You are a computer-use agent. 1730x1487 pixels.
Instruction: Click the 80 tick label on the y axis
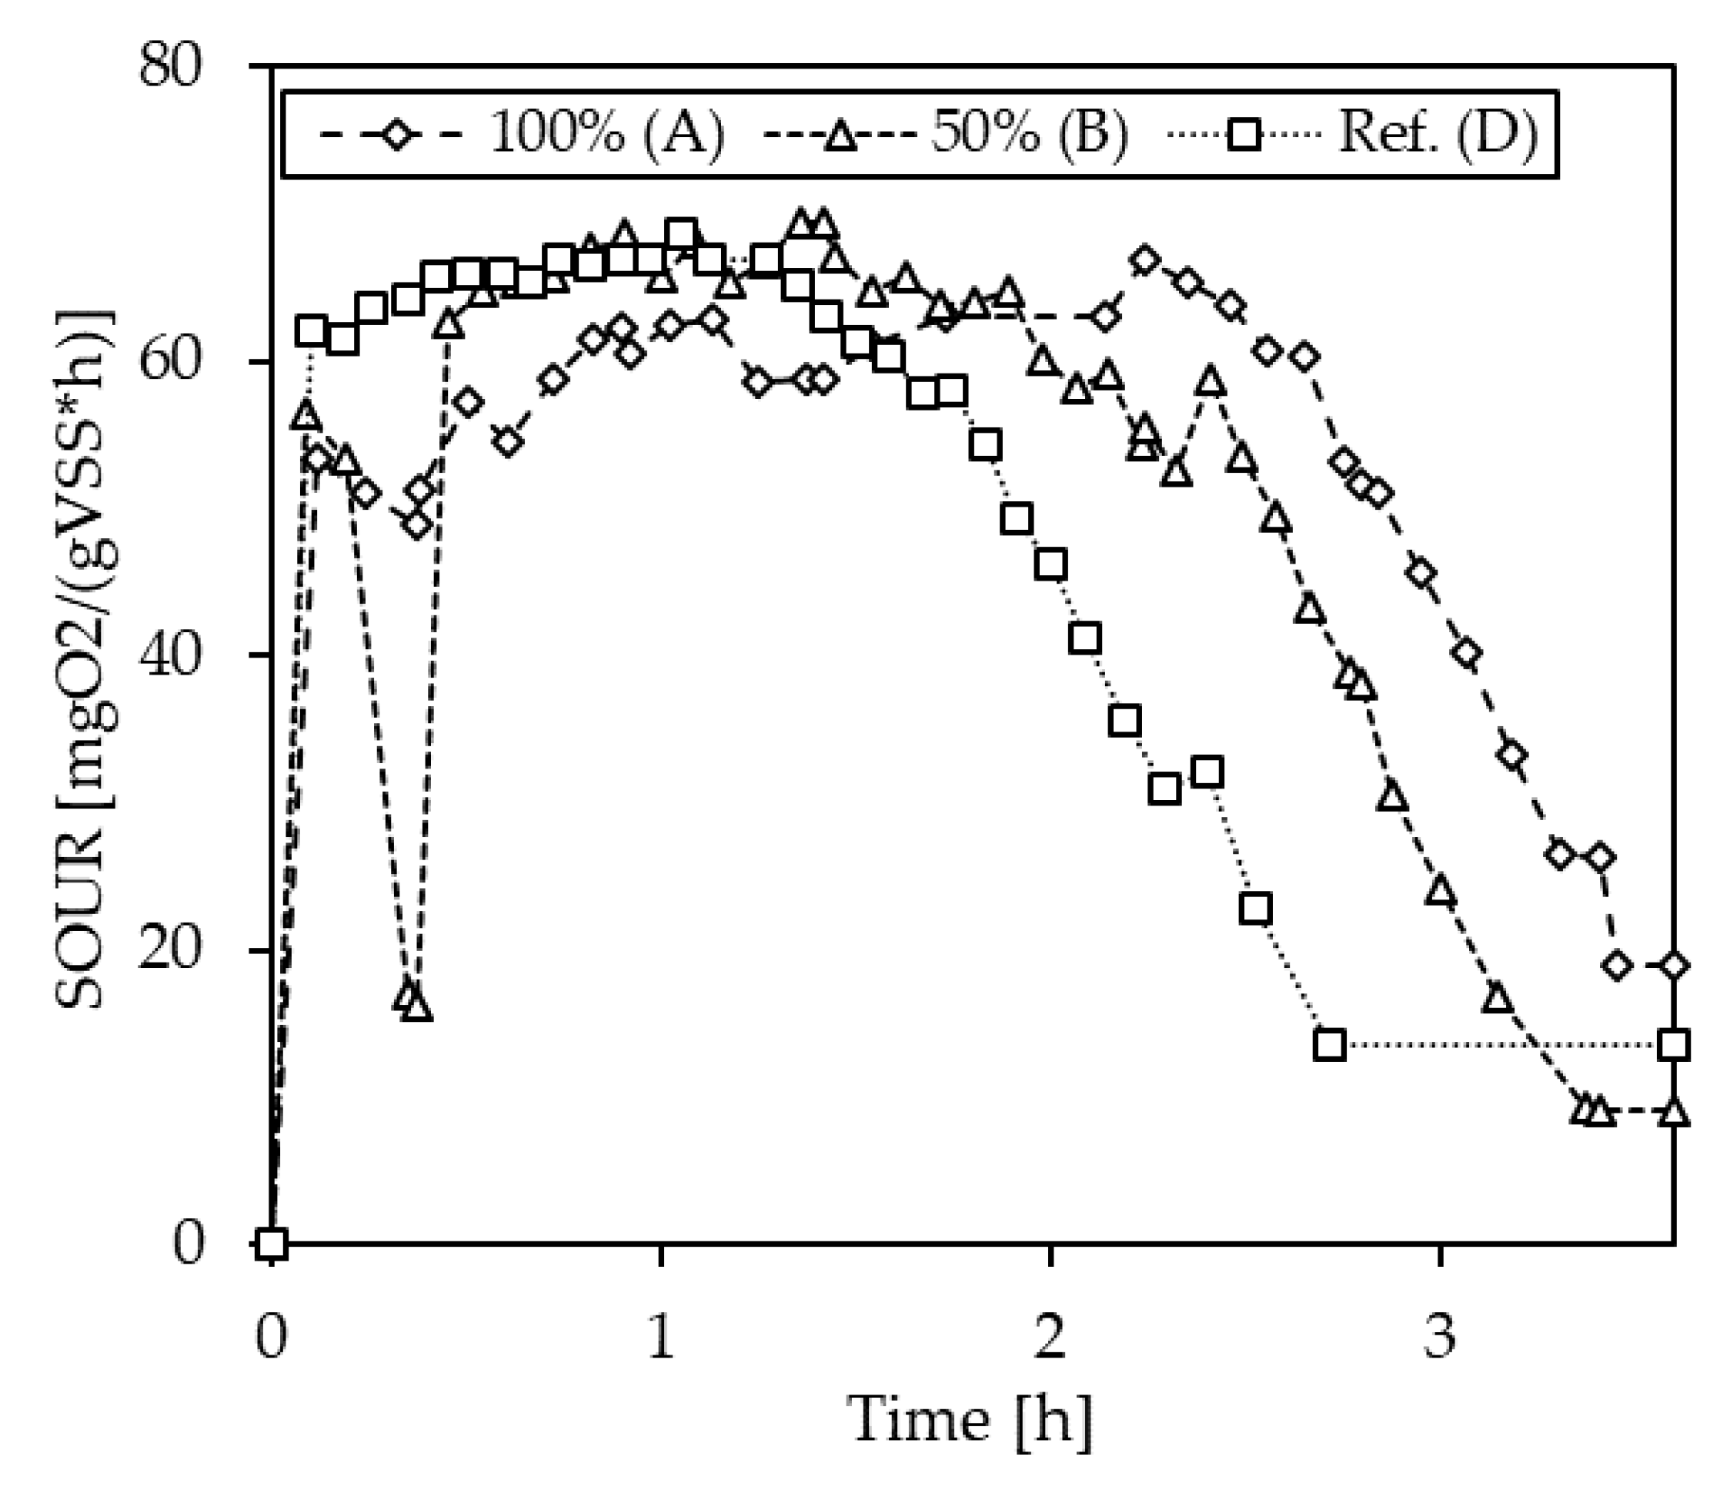(x=170, y=66)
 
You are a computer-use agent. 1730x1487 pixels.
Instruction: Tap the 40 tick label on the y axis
(x=170, y=655)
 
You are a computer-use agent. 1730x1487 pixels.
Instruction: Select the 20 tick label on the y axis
(x=170, y=949)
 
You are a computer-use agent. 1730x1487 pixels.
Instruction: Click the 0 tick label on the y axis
(x=189, y=1243)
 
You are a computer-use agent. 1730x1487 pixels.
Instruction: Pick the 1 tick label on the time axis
(x=660, y=1336)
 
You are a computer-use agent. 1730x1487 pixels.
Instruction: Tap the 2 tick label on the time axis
(x=1050, y=1336)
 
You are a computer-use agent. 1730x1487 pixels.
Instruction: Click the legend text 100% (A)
(x=607, y=134)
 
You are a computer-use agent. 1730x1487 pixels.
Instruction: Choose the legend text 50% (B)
(x=1030, y=134)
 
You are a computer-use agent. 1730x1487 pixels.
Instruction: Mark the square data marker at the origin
(x=272, y=1244)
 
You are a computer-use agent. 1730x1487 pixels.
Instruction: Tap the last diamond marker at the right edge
(x=1672, y=966)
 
